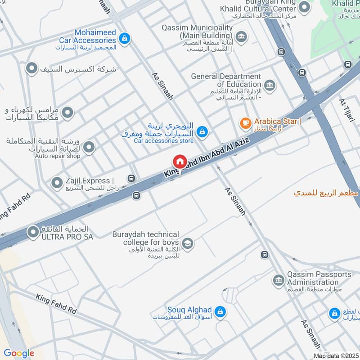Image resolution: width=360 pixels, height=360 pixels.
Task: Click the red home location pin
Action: [x=180, y=162]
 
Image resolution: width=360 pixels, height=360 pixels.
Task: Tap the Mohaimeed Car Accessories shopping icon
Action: [x=127, y=38]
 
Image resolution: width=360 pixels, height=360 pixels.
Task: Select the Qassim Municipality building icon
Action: [x=241, y=36]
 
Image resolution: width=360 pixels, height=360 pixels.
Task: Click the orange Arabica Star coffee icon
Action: [x=245, y=122]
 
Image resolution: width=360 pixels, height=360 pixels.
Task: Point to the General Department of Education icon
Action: [x=270, y=85]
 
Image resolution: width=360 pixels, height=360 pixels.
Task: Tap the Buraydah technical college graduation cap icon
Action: [x=188, y=243]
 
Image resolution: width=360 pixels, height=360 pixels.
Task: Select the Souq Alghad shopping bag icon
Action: [x=220, y=311]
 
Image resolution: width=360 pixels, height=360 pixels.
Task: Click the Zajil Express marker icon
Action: [x=57, y=183]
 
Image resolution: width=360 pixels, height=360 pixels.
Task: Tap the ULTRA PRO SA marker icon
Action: [x=32, y=232]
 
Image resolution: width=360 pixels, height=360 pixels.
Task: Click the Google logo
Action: [x=19, y=353]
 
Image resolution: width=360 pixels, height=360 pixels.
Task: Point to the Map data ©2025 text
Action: [x=336, y=355]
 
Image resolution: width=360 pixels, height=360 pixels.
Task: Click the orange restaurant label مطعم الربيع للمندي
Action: [x=326, y=193]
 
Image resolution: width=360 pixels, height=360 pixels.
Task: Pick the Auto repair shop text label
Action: [x=58, y=156]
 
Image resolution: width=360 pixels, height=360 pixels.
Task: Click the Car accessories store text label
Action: [x=163, y=141]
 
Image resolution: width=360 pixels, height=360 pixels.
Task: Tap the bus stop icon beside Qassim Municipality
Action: [x=282, y=51]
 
